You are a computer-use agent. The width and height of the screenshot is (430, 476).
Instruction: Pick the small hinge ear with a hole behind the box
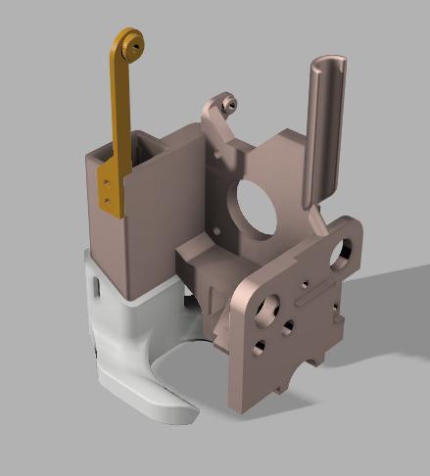point(227,101)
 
